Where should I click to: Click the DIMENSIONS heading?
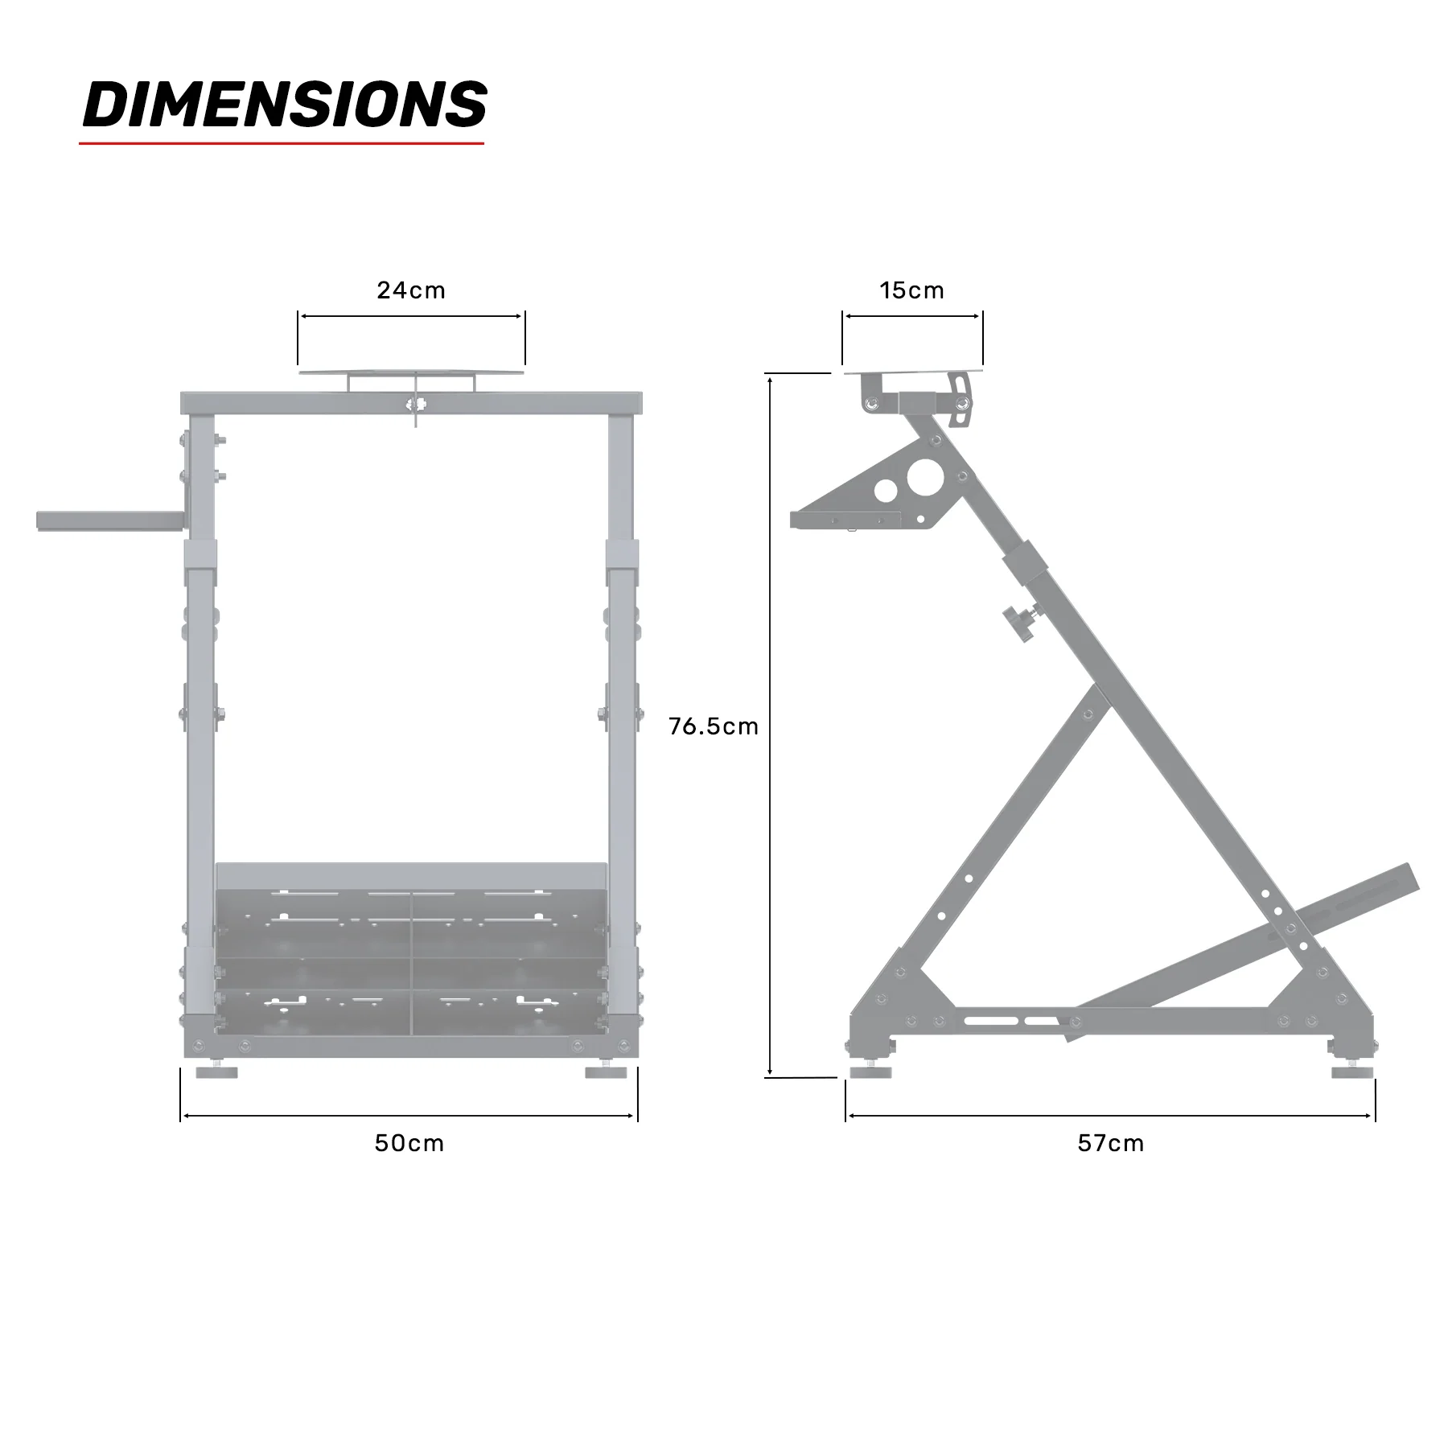(x=285, y=105)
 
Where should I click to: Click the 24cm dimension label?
(x=410, y=290)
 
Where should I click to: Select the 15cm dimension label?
(x=911, y=290)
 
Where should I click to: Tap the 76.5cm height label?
(x=714, y=726)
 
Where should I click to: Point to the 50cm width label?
(x=409, y=1143)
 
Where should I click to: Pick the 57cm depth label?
(x=1110, y=1143)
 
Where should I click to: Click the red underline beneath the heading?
(x=282, y=144)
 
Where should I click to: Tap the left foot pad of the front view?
(x=217, y=1072)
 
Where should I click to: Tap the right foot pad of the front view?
(x=606, y=1072)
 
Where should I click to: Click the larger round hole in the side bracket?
(x=920, y=477)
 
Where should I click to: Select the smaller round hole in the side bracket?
(x=886, y=492)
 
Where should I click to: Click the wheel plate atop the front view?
(x=411, y=372)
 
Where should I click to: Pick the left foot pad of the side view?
(x=870, y=1072)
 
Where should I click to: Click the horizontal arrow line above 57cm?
(x=1110, y=1116)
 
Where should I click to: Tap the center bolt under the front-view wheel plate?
(x=415, y=405)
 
